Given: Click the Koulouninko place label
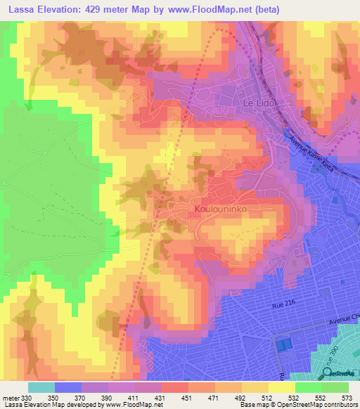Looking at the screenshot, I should pos(221,209).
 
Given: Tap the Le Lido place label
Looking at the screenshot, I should pos(260,103).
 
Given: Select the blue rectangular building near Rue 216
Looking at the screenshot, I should pos(283,345).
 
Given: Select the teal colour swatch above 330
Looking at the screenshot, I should pos(41,387).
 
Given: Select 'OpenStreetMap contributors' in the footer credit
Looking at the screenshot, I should pos(313,405).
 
